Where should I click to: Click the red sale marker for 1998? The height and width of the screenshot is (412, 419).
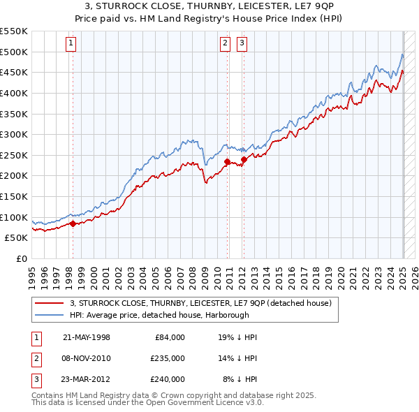pyautogui.click(x=73, y=224)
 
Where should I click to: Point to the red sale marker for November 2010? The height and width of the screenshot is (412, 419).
pyautogui.click(x=227, y=161)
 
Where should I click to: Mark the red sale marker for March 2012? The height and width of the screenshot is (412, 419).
pyautogui.click(x=244, y=159)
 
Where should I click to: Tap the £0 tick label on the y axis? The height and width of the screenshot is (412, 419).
pyautogui.click(x=21, y=258)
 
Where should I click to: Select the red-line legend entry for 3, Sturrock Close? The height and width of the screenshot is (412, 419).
pyautogui.click(x=205, y=303)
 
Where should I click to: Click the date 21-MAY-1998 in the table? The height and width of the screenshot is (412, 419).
pyautogui.click(x=87, y=337)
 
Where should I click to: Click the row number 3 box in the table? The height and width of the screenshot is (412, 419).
pyautogui.click(x=34, y=379)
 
